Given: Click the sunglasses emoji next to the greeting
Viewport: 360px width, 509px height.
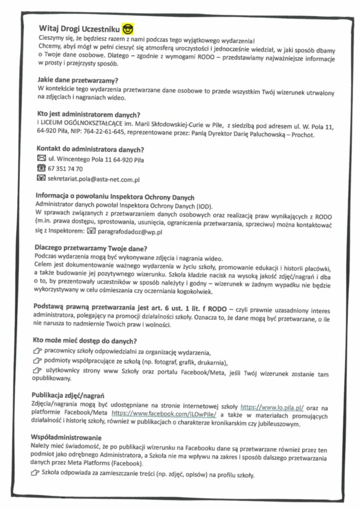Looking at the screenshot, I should click(x=128, y=27).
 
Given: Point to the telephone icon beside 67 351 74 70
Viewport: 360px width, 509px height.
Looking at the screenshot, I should click(x=42, y=169).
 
